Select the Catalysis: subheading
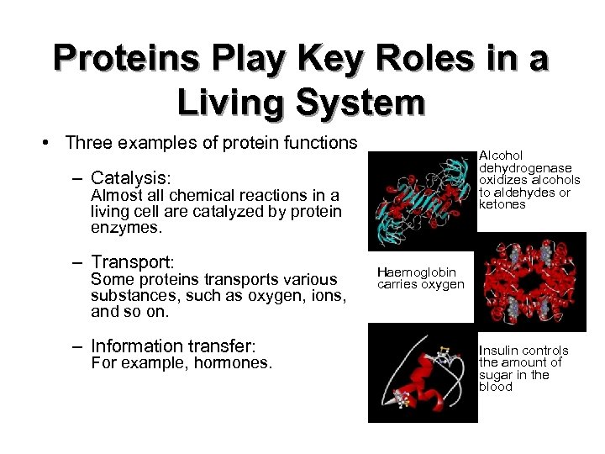click(131, 178)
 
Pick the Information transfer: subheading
click(172, 346)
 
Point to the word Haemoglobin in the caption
click(417, 272)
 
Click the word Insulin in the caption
click(497, 351)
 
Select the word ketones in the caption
click(502, 204)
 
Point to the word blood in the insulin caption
click(495, 387)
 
